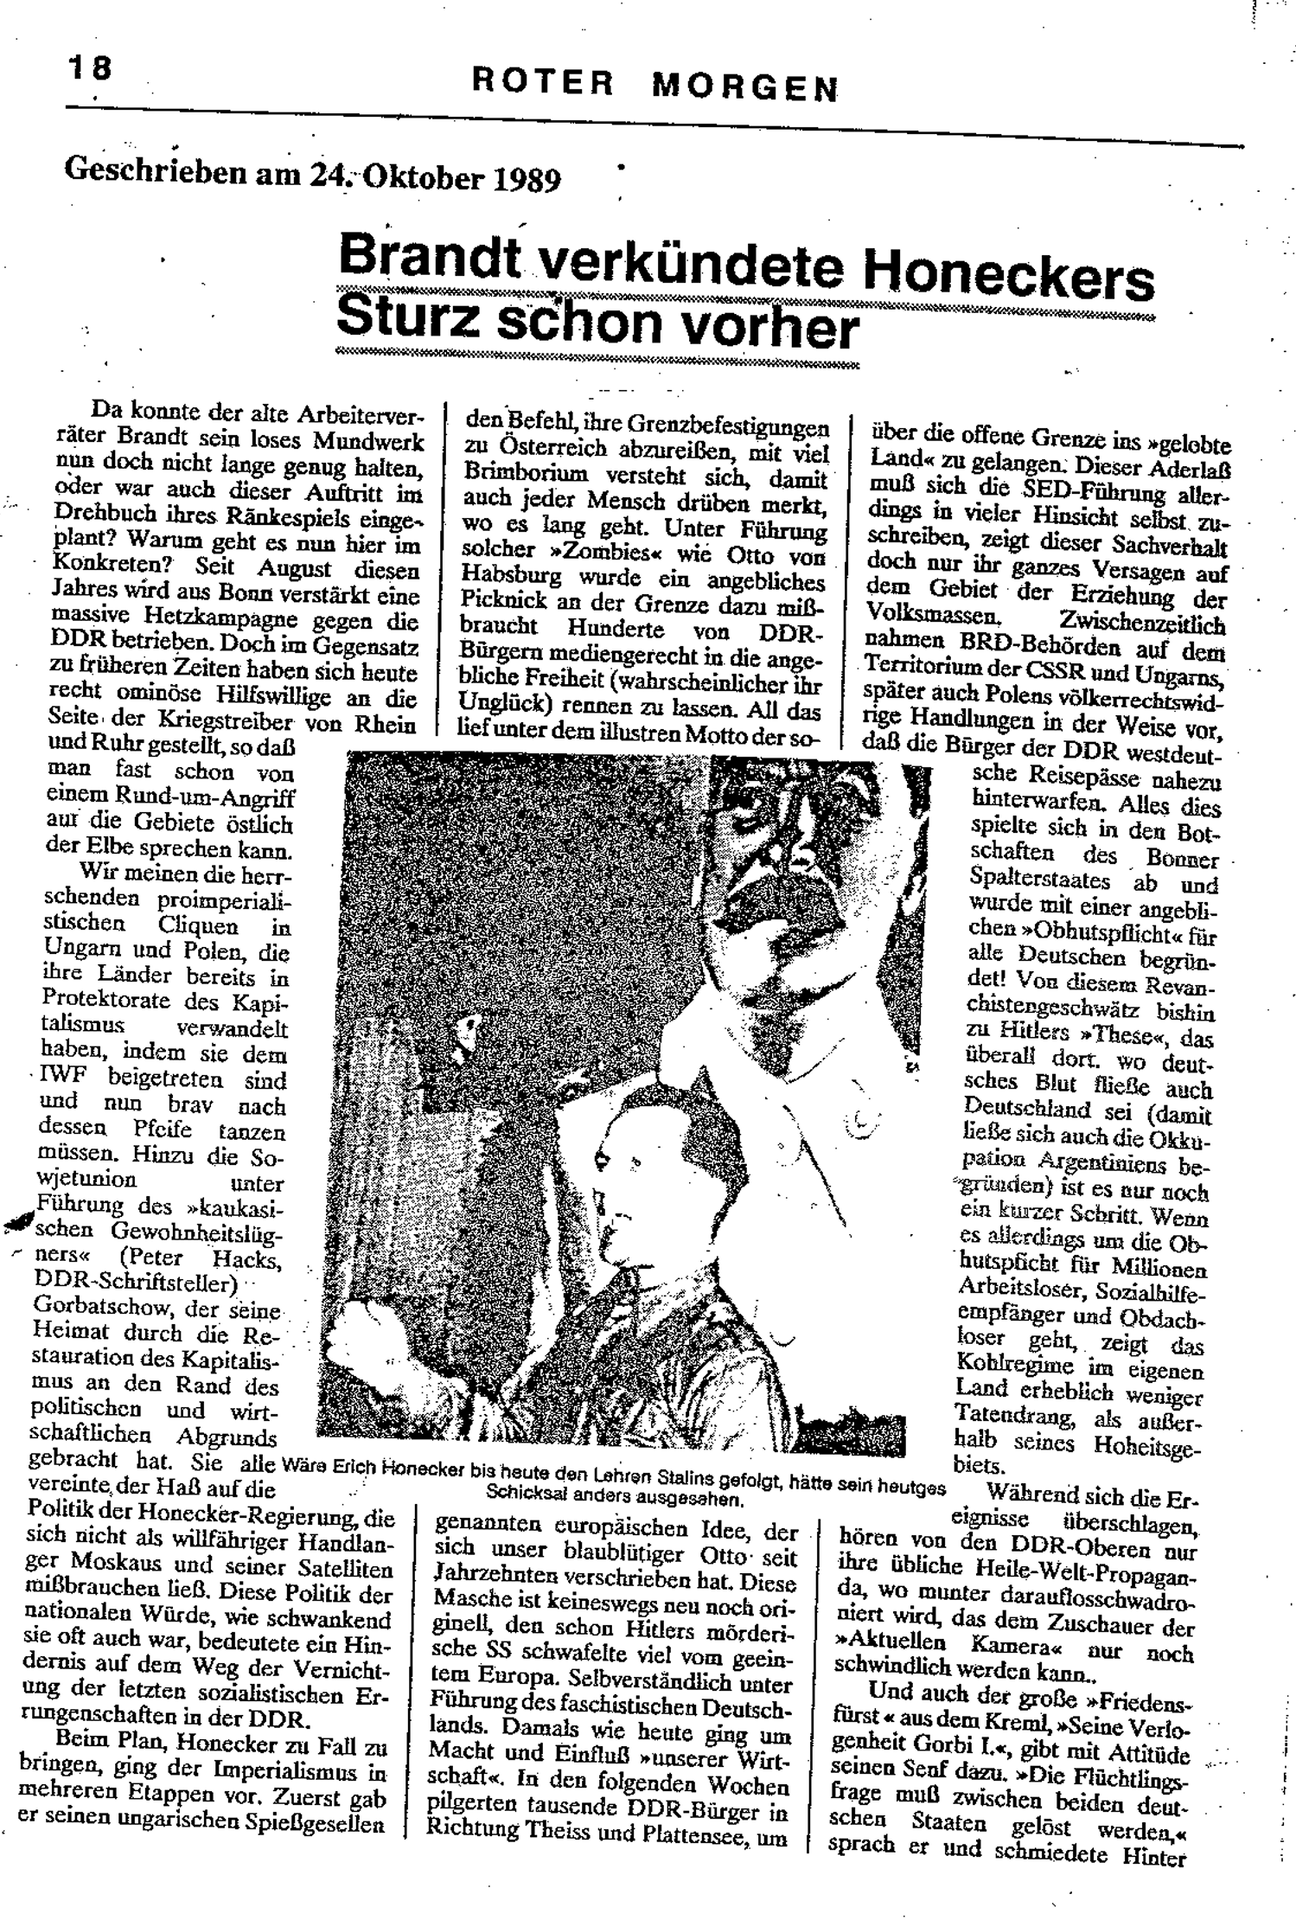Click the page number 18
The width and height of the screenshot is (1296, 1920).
point(89,67)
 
